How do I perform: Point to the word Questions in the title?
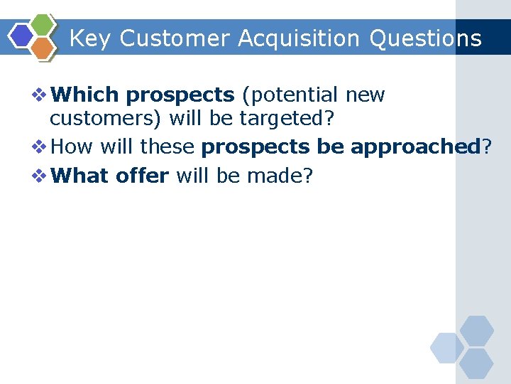tap(425, 38)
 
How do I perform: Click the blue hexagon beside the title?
tap(22, 36)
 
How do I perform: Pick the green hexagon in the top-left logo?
tap(43, 24)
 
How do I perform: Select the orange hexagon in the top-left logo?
tap(43, 48)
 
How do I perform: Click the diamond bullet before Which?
tap(41, 95)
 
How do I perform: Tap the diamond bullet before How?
tap(41, 147)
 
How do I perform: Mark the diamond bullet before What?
tap(41, 176)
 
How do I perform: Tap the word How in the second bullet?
tap(72, 147)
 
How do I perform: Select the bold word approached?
tap(415, 147)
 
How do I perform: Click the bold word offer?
tap(143, 176)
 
